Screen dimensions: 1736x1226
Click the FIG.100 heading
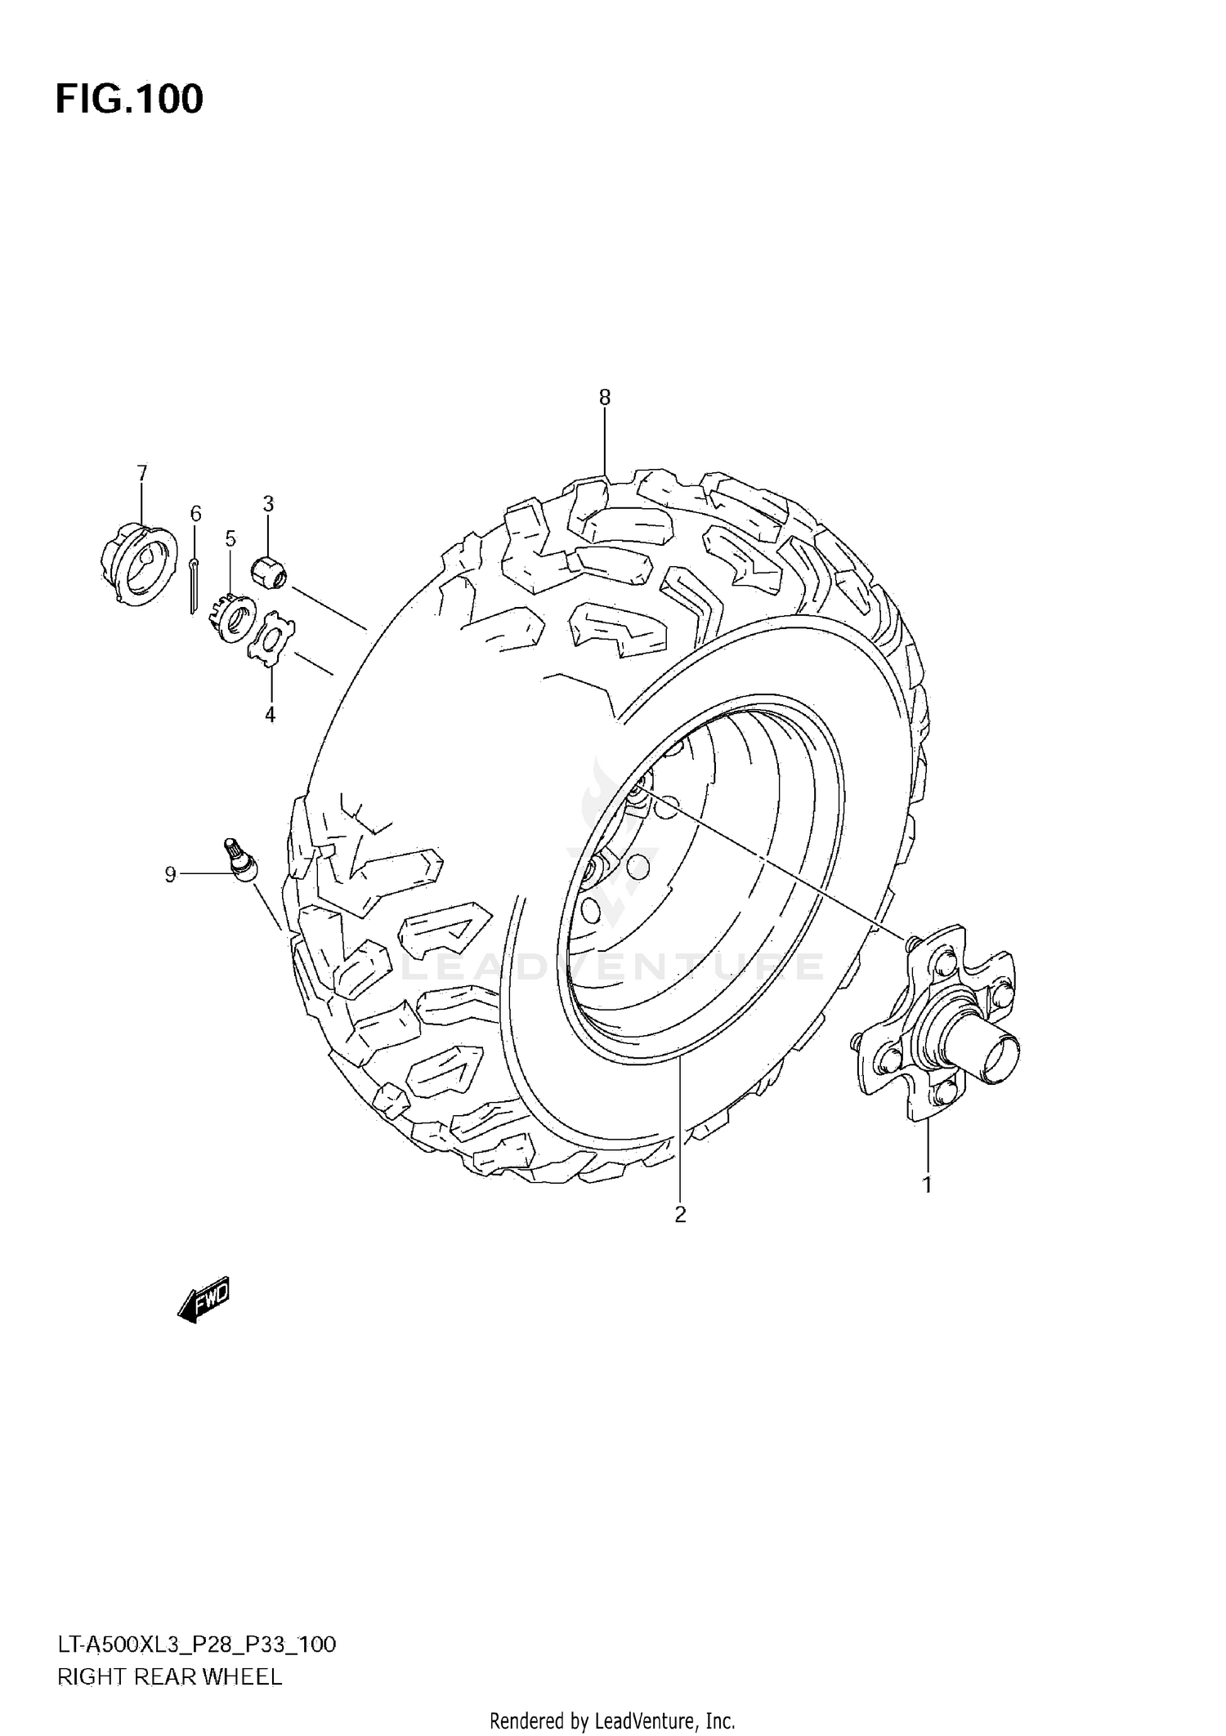[129, 99]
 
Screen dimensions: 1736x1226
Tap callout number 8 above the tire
[604, 398]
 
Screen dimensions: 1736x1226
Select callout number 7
[141, 472]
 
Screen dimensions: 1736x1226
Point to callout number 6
[195, 513]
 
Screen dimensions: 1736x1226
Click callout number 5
[230, 538]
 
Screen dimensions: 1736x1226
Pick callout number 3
[268, 503]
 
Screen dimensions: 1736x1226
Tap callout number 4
[270, 715]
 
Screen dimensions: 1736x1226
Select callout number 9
[170, 875]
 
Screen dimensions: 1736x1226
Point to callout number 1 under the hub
[927, 1184]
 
